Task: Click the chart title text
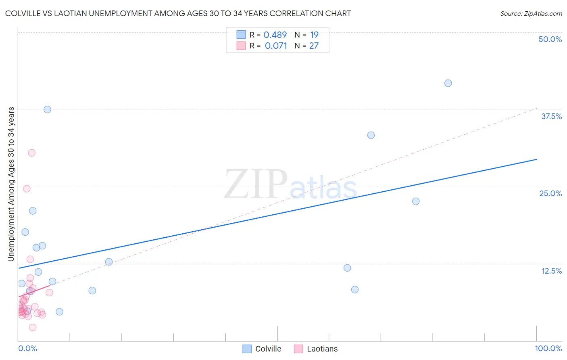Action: click(x=178, y=13)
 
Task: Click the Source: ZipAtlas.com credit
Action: click(x=531, y=13)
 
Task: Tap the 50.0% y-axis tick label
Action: click(x=550, y=39)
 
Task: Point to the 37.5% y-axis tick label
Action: click(x=551, y=116)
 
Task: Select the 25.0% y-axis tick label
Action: click(x=550, y=193)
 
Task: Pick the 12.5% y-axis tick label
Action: click(x=551, y=271)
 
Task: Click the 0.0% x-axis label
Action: click(x=27, y=348)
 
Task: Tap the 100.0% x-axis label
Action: click(x=548, y=348)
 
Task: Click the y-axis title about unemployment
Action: click(x=11, y=184)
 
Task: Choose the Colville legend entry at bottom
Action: click(x=262, y=349)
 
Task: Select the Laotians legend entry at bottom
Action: click(x=316, y=349)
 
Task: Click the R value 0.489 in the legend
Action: click(x=275, y=35)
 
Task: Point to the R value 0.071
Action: click(x=276, y=46)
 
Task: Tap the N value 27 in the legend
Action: click(x=314, y=46)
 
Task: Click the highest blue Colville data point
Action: click(x=448, y=83)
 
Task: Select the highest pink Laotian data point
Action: click(x=31, y=153)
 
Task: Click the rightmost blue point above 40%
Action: click(x=448, y=83)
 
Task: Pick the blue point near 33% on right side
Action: click(x=371, y=135)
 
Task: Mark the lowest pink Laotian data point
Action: click(x=33, y=327)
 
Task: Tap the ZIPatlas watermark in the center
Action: click(x=290, y=185)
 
